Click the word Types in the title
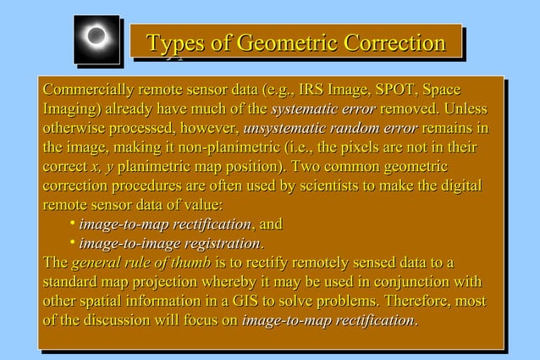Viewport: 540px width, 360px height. pyautogui.click(x=178, y=42)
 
